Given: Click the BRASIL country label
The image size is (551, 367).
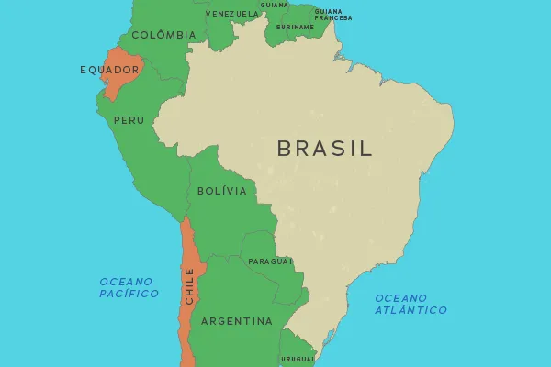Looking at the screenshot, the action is click(325, 149).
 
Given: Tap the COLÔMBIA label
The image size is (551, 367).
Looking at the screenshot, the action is click(163, 35).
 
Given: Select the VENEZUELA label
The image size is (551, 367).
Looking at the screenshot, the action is click(232, 14).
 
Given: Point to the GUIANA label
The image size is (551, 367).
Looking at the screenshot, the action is click(274, 5).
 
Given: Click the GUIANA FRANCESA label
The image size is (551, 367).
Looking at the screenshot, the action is click(332, 15).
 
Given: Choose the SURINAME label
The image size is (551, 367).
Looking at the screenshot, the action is click(295, 28).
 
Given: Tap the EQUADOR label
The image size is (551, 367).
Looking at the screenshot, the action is click(109, 70).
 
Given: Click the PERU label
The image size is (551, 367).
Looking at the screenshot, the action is click(129, 120).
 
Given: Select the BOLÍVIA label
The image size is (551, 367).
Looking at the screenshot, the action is click(222, 191).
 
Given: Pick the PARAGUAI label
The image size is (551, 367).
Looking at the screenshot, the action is click(270, 261).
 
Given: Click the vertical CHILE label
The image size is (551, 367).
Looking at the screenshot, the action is click(189, 286).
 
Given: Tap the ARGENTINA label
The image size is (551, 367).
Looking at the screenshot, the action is click(237, 321).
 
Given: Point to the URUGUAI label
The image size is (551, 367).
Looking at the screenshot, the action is click(298, 359).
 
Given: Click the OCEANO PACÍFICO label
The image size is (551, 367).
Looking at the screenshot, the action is click(129, 287).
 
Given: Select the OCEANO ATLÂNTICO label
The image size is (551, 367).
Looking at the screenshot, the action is click(410, 304).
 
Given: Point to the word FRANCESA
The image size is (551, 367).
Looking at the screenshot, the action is click(332, 18).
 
